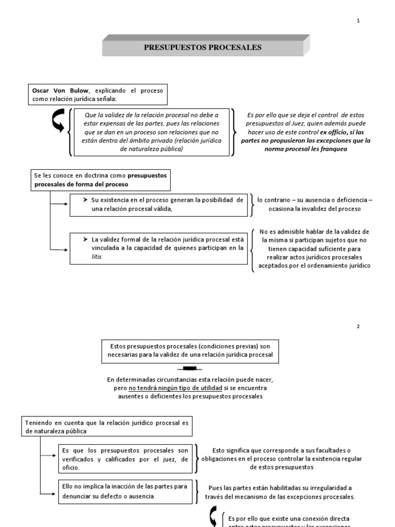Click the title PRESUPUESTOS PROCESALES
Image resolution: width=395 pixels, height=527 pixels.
pyautogui.click(x=203, y=47)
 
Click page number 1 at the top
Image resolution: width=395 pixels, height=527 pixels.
pyautogui.click(x=358, y=21)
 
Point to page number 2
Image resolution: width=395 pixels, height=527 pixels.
pyautogui.click(x=358, y=326)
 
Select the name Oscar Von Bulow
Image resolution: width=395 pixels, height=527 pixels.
pyautogui.click(x=58, y=90)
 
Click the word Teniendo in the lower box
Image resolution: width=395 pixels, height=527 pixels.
pyautogui.click(x=39, y=423)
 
